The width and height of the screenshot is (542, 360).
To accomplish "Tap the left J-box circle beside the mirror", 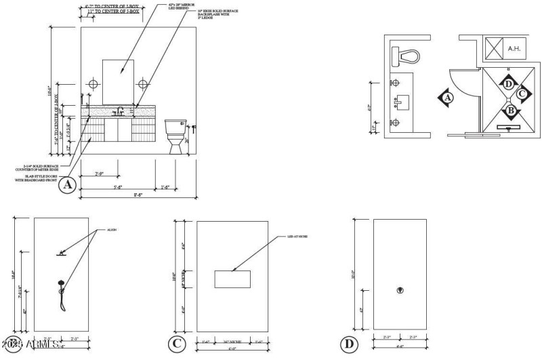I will pos(94,84).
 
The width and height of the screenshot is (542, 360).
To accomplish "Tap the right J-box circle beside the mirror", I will pos(143,84).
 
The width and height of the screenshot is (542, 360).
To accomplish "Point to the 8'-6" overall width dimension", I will pos(138,195).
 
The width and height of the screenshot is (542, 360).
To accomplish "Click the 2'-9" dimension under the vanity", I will pos(99,174).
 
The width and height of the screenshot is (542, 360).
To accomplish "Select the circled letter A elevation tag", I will pos(67,184).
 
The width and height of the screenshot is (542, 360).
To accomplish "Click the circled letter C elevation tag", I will pos(177,344).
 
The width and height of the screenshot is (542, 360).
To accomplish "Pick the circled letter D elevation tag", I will pos(350,344).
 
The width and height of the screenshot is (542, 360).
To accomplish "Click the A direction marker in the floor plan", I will pos(446,98).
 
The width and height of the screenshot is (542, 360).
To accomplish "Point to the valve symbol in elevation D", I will pos(400,291).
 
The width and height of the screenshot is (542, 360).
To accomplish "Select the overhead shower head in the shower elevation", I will pos(62,254).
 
